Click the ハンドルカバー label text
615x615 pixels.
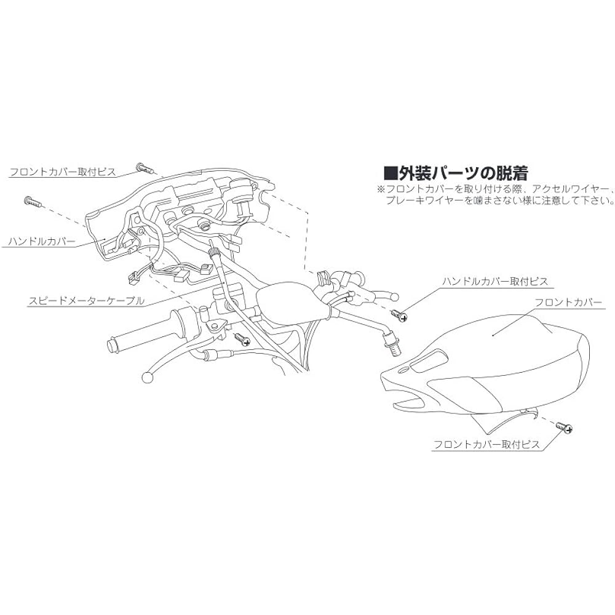click(x=42, y=242)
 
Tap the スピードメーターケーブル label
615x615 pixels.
click(x=86, y=301)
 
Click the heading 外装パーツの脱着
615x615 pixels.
click(x=461, y=172)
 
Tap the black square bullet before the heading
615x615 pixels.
click(x=388, y=172)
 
